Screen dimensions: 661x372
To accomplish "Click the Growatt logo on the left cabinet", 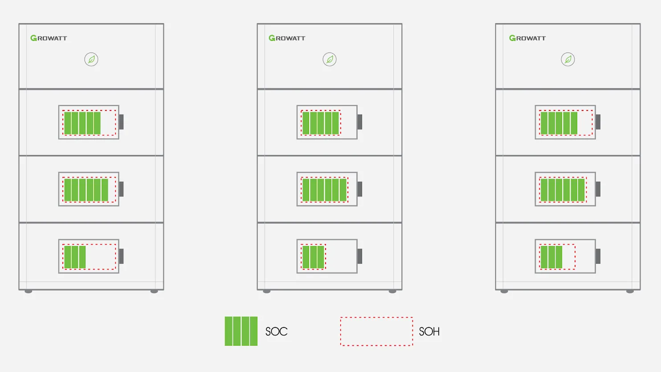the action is [49, 38].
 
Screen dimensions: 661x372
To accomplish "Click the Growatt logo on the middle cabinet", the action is [287, 38].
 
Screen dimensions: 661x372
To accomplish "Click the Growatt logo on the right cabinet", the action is [527, 38].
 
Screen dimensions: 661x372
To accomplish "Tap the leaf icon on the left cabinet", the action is [91, 59].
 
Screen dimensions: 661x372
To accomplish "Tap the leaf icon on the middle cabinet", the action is [330, 59].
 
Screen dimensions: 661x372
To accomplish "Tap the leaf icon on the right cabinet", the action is [568, 59].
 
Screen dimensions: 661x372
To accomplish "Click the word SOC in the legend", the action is [276, 331].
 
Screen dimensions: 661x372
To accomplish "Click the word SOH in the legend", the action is [429, 331].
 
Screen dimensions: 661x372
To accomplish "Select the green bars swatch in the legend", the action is [241, 331].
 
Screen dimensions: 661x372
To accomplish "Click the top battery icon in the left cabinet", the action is [91, 122].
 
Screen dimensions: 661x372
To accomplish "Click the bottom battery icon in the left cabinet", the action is [91, 256].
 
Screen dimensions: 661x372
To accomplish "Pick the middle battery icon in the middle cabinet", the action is [329, 189].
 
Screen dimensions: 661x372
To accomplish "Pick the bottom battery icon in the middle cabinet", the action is [329, 256].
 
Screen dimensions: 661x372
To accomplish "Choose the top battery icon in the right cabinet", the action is [568, 122].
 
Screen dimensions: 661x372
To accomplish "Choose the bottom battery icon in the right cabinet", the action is [568, 256].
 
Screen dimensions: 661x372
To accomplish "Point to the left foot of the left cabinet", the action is [29, 291].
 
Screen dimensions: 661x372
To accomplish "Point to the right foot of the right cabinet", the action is [630, 291].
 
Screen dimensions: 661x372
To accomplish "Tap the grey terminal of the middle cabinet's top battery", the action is [360, 122].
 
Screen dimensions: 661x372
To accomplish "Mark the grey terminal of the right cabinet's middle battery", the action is [598, 189].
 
